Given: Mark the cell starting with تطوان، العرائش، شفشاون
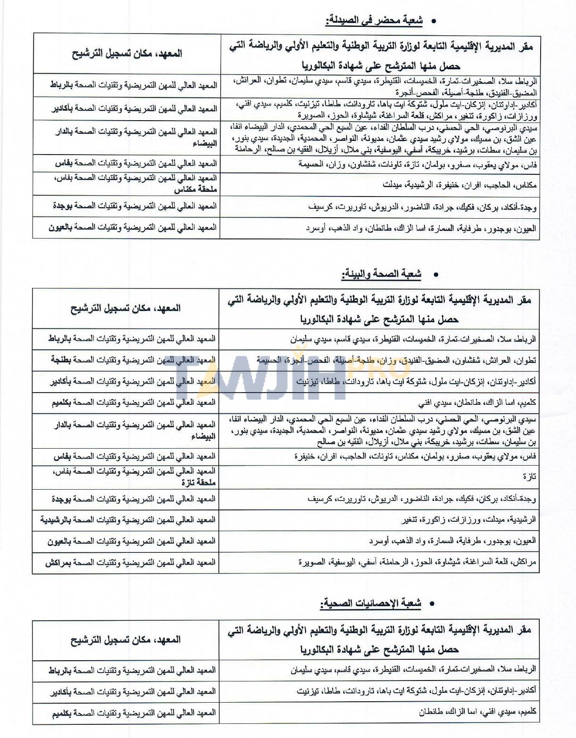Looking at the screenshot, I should [396, 360].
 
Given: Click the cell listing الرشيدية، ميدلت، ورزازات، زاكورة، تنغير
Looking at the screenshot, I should [469, 520].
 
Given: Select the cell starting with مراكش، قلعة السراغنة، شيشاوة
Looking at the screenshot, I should [417, 562].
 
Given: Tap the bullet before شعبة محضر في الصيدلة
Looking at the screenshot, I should [434, 21].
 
